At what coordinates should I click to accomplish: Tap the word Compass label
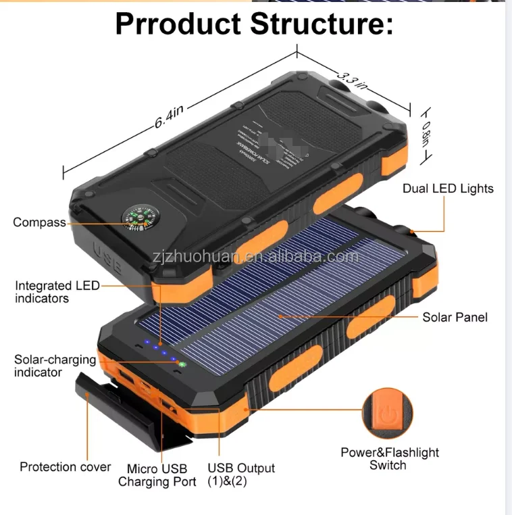click(39, 222)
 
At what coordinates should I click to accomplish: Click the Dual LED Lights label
click(448, 189)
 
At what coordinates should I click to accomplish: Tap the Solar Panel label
click(455, 317)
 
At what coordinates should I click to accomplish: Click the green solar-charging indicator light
click(182, 364)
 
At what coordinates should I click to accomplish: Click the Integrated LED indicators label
click(57, 292)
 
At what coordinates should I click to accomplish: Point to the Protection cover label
click(65, 467)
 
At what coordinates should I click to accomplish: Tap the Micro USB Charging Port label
click(157, 475)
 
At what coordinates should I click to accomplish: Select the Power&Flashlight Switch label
click(389, 459)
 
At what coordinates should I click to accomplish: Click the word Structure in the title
click(322, 24)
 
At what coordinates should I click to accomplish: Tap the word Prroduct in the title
click(178, 24)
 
